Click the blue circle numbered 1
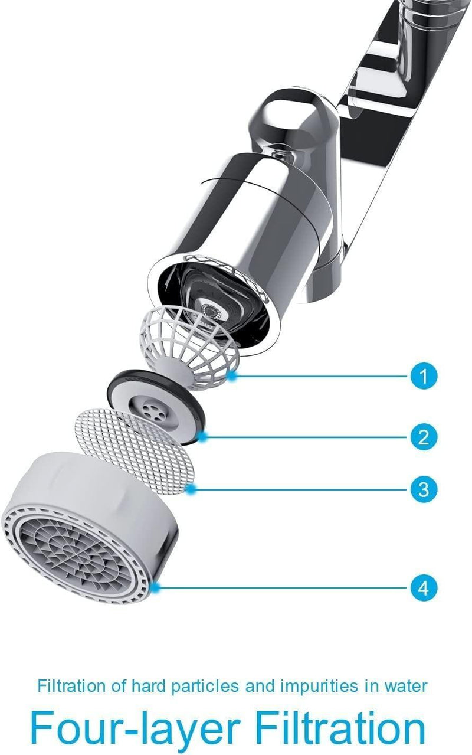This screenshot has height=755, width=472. pyautogui.click(x=423, y=375)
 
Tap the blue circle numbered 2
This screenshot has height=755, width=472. pyautogui.click(x=423, y=437)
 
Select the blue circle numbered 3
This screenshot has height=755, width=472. pyautogui.click(x=423, y=489)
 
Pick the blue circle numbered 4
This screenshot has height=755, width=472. pyautogui.click(x=423, y=588)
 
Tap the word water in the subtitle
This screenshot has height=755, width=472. pyautogui.click(x=408, y=687)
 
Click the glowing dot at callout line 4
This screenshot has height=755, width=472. pyautogui.click(x=155, y=587)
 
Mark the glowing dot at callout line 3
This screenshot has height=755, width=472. pyautogui.click(x=192, y=488)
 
